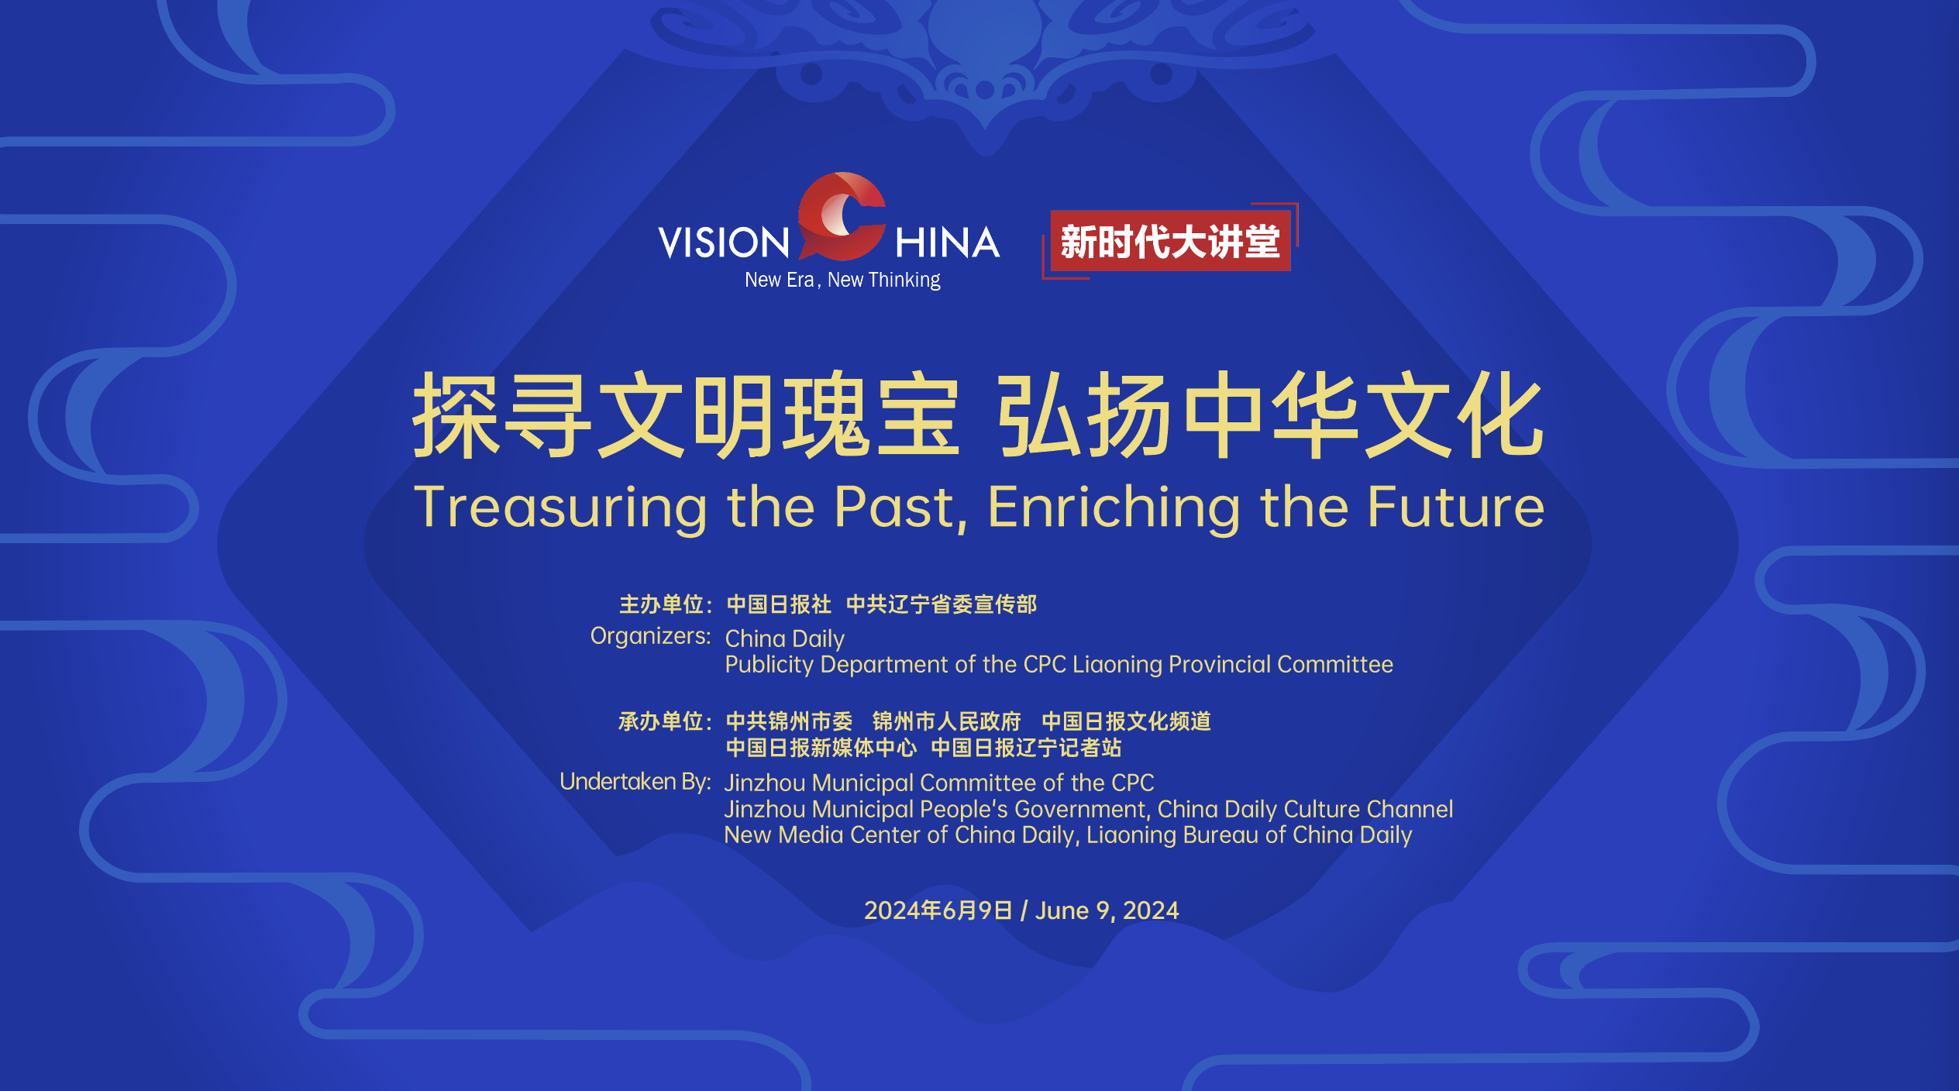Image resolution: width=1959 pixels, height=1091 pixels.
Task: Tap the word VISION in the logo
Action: coord(724,243)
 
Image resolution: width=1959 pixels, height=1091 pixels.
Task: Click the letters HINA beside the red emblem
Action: coord(947,243)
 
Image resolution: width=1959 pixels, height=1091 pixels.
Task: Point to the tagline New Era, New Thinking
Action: coord(842,280)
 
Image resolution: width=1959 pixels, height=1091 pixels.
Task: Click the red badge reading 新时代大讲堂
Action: coord(1170,241)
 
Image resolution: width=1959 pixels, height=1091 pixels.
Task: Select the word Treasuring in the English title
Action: coord(560,508)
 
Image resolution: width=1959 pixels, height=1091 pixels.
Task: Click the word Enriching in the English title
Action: coord(1114,508)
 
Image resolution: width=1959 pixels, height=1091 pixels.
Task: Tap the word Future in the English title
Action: coord(1456,508)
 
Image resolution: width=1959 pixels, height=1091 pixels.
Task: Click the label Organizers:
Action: coord(650,636)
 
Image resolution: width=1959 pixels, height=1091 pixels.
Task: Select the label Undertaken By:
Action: coord(635,781)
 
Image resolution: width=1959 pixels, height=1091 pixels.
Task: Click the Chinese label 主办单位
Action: coord(661,604)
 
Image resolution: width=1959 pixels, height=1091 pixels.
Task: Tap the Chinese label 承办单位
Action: coord(661,721)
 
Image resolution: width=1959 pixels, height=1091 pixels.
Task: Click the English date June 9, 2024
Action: coord(1107,910)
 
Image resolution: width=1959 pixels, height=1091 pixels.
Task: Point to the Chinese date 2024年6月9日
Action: coord(938,910)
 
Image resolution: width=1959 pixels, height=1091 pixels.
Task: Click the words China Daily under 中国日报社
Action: coord(785,638)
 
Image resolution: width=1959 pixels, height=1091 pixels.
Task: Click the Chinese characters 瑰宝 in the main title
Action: coord(872,415)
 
